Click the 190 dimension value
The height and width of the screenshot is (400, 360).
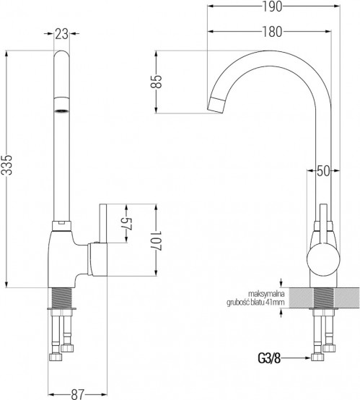point(272,6)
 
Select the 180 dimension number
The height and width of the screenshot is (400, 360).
point(272,32)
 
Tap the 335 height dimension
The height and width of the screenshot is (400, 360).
point(7,165)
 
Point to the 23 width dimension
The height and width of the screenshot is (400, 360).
point(62,34)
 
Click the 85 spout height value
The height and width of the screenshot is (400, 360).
point(156,82)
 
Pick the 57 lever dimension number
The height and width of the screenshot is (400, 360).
point(126,225)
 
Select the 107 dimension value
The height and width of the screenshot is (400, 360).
point(156,241)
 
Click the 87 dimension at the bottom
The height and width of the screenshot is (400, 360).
point(77,394)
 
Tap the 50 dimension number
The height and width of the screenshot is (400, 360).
point(323,170)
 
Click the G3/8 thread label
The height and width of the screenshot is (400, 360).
point(269,358)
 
